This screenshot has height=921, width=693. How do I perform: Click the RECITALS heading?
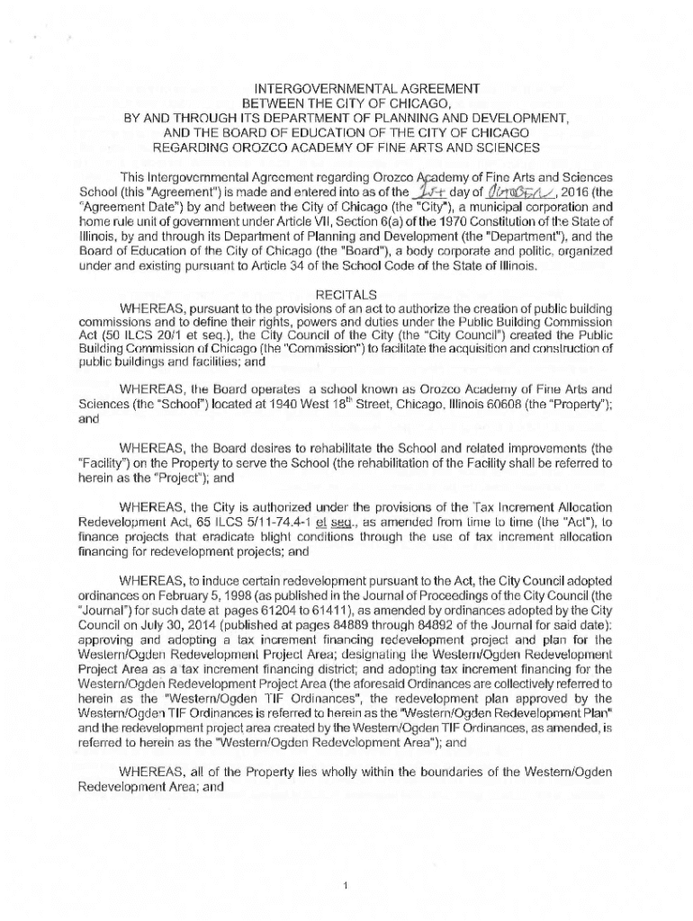point(346,293)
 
